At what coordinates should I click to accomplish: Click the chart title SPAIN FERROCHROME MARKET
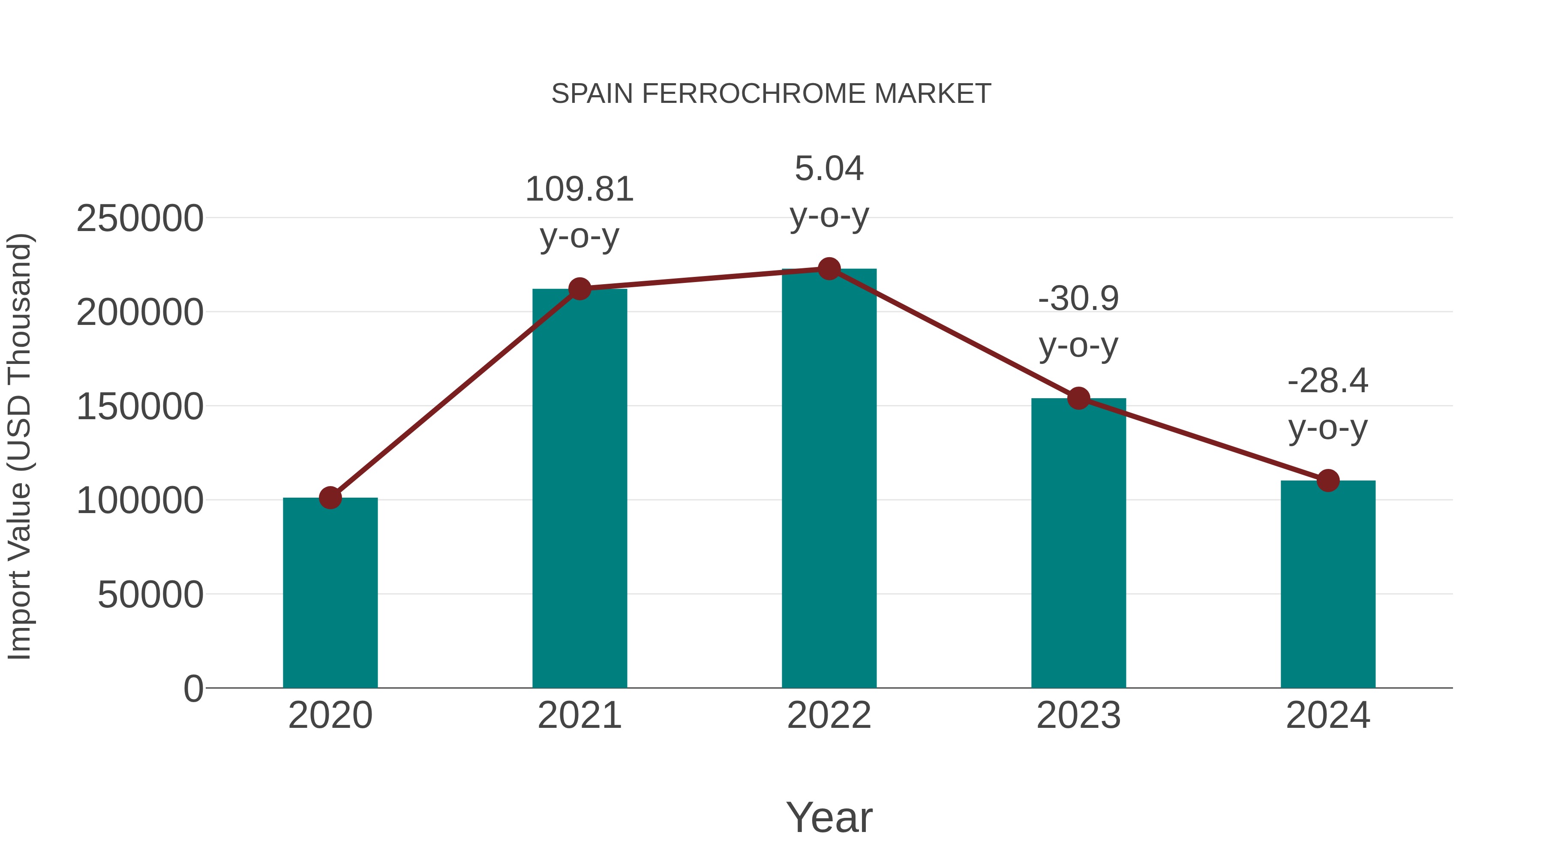(771, 94)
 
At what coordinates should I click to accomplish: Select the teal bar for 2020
(330, 593)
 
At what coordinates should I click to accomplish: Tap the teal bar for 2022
(829, 479)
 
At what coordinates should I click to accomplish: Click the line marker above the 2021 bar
(579, 289)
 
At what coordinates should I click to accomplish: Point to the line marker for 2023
(1078, 398)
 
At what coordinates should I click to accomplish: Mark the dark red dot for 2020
(330, 498)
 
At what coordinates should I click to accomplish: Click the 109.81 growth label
(579, 190)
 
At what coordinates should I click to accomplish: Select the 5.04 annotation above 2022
(829, 169)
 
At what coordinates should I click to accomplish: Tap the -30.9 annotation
(1078, 299)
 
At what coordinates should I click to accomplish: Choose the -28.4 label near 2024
(1328, 381)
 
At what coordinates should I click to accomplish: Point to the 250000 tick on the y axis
(140, 219)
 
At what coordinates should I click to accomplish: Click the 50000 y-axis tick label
(150, 595)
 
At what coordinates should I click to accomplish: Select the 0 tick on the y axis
(193, 689)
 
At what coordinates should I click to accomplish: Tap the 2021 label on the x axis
(579, 715)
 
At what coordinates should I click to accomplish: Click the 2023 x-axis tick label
(1078, 715)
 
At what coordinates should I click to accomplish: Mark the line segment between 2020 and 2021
(455, 393)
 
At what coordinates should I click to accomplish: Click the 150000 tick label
(140, 407)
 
